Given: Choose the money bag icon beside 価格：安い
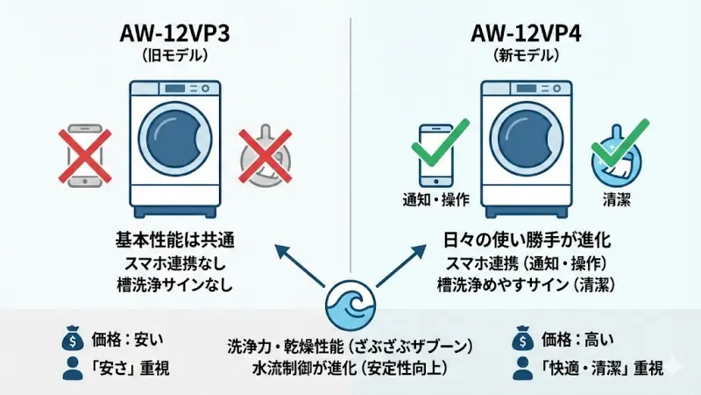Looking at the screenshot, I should [72, 338].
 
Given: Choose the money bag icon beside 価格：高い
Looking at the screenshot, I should [523, 338].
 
